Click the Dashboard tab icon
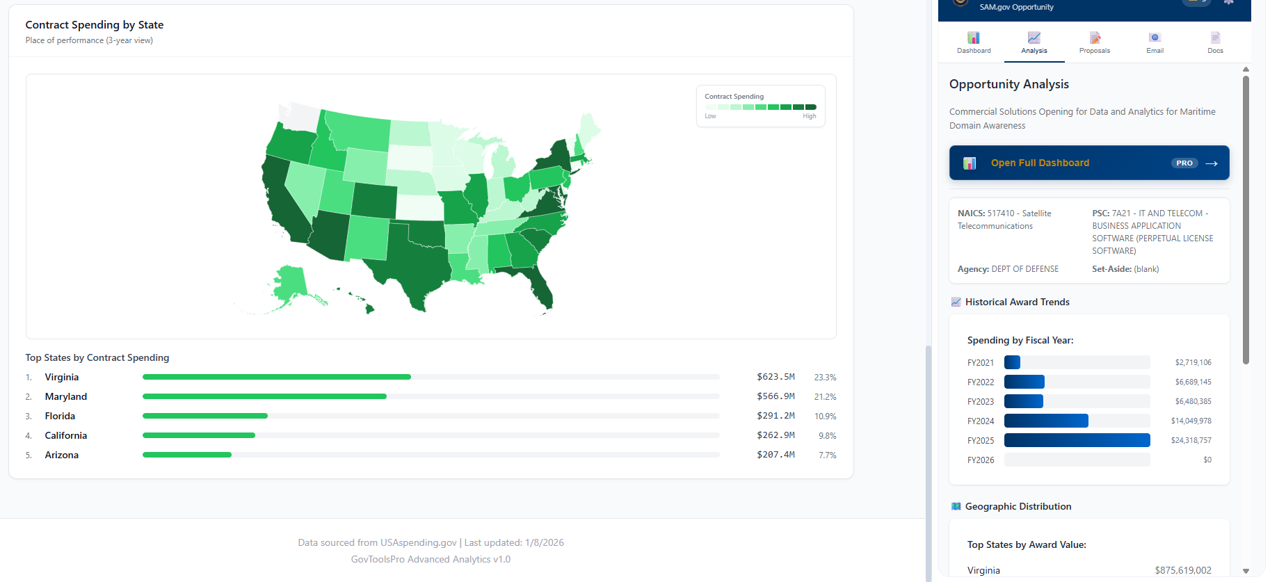click(973, 38)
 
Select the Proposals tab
click(1094, 42)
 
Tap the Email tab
click(1155, 42)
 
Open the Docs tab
click(1215, 42)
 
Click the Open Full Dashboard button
click(1088, 163)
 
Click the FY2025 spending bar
click(1077, 440)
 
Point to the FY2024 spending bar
click(1046, 421)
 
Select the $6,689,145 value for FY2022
click(1193, 382)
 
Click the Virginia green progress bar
click(277, 377)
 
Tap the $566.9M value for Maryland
click(775, 396)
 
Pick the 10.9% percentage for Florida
click(825, 416)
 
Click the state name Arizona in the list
click(62, 455)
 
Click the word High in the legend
click(809, 116)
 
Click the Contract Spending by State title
click(95, 25)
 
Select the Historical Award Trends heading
click(1017, 302)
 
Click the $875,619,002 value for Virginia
click(1182, 570)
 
